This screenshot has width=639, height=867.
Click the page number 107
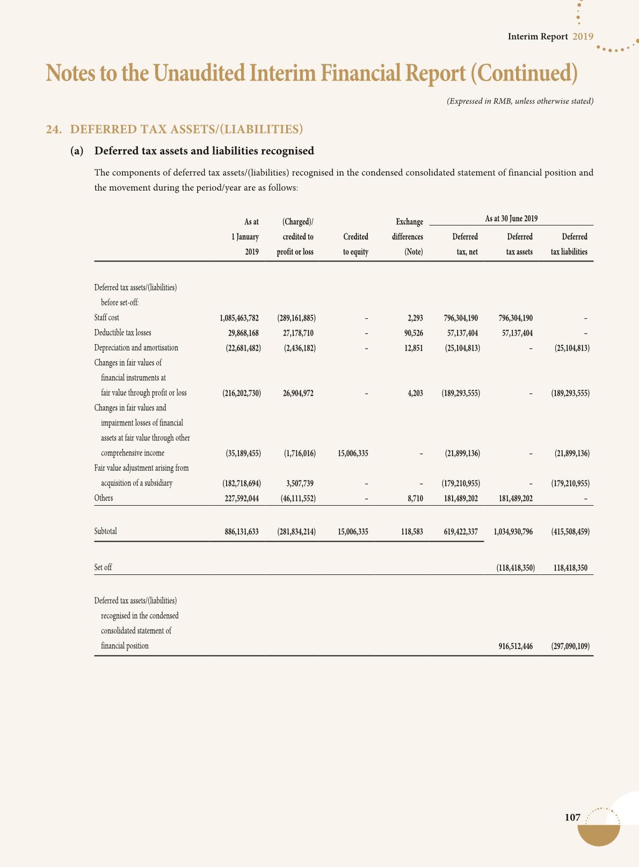point(572,818)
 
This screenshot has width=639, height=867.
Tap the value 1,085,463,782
point(239,318)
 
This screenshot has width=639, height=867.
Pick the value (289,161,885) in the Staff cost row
point(296,318)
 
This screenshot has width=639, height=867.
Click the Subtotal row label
point(105,531)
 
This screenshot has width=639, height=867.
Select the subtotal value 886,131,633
point(241,532)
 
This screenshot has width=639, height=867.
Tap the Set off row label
point(103,567)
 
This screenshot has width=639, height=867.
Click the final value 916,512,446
point(515,646)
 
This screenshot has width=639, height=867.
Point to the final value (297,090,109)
point(570,646)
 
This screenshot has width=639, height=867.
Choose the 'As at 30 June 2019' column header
point(511,219)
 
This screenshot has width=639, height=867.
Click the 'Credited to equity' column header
point(355,244)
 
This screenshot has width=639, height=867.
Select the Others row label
point(104,498)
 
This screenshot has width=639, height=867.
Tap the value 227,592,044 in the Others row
point(241,498)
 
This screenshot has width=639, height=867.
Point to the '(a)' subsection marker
point(77,151)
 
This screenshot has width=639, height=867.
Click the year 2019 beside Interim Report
point(583,37)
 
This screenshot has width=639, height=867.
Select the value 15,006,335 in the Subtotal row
point(353,532)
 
